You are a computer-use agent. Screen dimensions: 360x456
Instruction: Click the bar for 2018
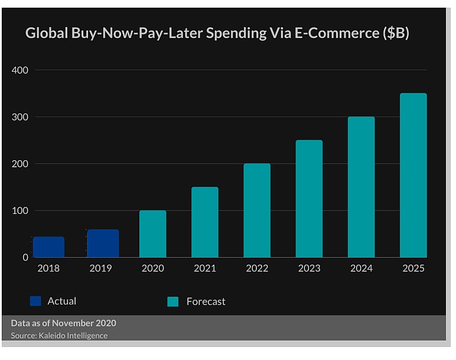coord(48,247)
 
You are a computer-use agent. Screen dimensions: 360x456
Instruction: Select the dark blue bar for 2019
coord(103,244)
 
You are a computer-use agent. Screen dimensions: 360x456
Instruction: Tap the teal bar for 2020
coord(152,234)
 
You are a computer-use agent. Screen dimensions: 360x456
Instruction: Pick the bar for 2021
coord(204,222)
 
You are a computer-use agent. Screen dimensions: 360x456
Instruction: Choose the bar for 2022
coord(257,210)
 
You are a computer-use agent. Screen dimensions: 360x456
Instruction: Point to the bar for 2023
coord(309,199)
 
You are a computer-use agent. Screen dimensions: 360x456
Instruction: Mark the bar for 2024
coord(361,187)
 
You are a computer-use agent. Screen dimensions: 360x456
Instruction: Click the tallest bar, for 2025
coord(413,175)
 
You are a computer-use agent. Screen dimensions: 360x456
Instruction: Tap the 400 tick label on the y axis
coord(20,70)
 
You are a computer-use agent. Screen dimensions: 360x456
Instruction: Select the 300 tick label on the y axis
coord(20,117)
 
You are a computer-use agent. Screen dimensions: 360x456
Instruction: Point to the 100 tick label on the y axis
coord(20,211)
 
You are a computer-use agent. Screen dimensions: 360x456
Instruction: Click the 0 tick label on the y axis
coord(25,258)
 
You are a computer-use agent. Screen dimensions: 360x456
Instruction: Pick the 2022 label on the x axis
coord(257,268)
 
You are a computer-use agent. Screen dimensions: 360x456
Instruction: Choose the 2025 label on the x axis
coord(413,268)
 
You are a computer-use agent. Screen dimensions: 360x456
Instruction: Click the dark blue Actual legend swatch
coord(35,301)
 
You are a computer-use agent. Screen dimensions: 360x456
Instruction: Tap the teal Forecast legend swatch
coord(172,302)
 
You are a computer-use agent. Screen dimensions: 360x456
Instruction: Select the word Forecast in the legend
coord(206,302)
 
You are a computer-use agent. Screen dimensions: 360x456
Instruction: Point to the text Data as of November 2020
coord(63,323)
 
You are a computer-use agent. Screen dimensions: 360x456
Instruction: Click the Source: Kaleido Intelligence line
coord(59,336)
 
